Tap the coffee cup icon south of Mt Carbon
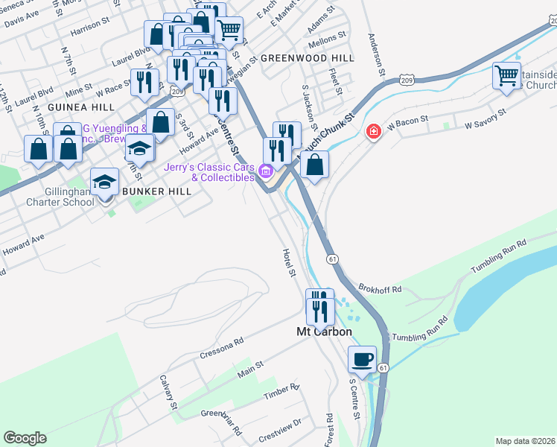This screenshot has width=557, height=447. [x=362, y=359]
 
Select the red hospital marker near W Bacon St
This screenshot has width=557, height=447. [x=373, y=132]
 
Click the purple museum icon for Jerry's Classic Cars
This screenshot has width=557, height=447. [x=266, y=173]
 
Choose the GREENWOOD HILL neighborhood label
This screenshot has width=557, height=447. [x=296, y=57]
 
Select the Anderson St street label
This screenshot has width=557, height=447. [x=375, y=56]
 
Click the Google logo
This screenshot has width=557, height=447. [x=25, y=438]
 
